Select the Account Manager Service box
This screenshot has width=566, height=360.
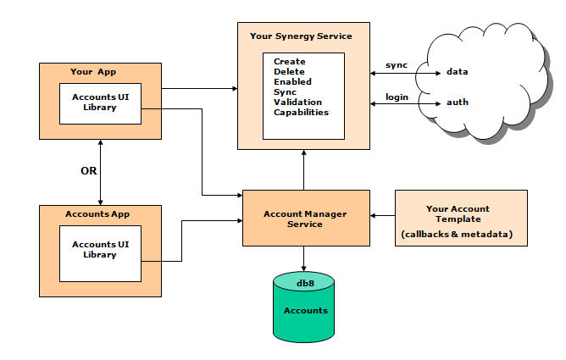[305, 219]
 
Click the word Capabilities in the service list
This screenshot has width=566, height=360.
[301, 112]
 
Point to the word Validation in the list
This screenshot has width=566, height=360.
[297, 102]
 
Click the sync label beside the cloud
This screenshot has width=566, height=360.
[396, 64]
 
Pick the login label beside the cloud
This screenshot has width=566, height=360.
[397, 97]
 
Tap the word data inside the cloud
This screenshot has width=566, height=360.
[458, 72]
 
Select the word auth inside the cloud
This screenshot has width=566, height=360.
[458, 103]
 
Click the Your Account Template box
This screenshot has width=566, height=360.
[460, 218]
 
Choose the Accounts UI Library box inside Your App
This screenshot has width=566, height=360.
[100, 103]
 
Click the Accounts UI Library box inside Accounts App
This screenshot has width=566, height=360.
[100, 250]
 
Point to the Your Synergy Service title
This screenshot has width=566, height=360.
[301, 36]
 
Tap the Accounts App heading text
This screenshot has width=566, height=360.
[100, 213]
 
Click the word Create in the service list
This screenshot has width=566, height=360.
[290, 62]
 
